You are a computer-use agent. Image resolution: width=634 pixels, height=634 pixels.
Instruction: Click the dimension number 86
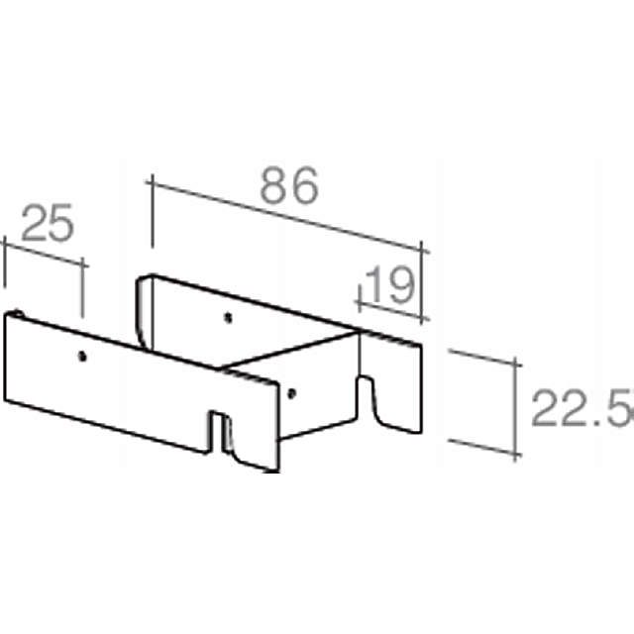click(290, 187)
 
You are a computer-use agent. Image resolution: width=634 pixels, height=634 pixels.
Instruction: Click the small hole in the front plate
click(82, 354)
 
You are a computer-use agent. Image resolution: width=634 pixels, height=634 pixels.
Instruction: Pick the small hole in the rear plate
click(228, 318)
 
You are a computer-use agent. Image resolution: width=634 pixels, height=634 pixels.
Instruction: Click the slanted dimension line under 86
click(287, 212)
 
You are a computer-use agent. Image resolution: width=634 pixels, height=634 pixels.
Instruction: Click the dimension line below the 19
click(391, 307)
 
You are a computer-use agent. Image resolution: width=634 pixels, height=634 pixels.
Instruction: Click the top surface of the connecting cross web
click(287, 355)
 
